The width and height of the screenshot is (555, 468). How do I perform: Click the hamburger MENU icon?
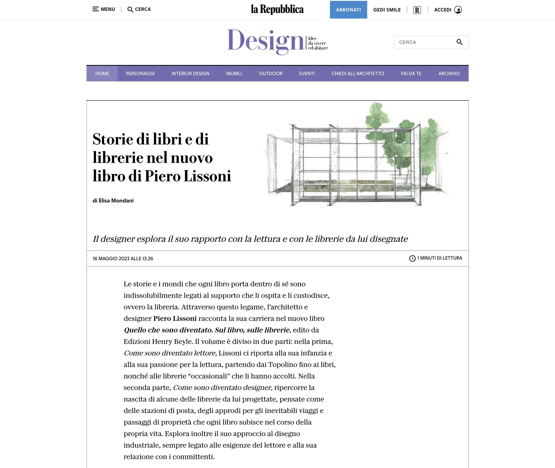point(95,9)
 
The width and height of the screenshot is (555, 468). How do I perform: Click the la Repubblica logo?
point(277,9)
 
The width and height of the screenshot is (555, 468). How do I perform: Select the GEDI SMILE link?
point(387,10)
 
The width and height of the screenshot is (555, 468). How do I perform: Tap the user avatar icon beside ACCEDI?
point(458,10)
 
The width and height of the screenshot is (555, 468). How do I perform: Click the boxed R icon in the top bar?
point(417,10)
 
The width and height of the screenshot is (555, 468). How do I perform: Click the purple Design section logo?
point(266,42)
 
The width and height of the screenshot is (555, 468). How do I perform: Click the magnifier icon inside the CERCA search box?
point(459,42)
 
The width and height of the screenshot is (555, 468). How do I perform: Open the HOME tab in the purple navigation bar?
point(102,74)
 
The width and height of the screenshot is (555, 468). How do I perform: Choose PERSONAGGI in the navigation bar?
point(140,74)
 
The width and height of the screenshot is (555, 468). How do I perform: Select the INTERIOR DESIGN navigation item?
point(190,74)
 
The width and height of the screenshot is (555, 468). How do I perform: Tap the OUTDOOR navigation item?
point(271,74)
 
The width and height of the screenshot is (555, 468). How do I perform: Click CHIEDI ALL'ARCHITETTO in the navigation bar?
point(358,74)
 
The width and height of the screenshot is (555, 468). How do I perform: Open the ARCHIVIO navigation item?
point(449,74)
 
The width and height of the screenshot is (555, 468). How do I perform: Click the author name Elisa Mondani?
point(116,200)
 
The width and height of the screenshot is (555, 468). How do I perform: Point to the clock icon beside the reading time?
point(412,258)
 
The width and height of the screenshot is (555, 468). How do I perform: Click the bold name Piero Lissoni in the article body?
point(175,318)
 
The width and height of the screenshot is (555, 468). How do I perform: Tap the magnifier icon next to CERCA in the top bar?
point(130,9)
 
